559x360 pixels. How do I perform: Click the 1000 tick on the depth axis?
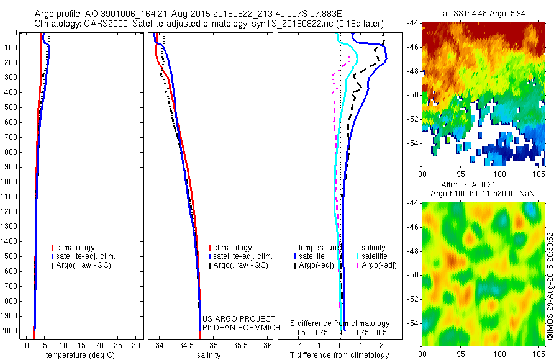click(11, 182)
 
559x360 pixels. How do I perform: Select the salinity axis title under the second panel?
click(209, 355)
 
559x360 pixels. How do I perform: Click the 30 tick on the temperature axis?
click(137, 345)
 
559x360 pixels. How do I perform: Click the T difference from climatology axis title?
click(340, 355)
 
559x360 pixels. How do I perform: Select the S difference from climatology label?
click(340, 323)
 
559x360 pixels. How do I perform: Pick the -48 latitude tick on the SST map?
click(412, 71)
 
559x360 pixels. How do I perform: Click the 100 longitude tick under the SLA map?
click(499, 354)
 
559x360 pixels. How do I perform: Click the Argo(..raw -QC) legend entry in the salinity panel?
click(240, 265)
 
